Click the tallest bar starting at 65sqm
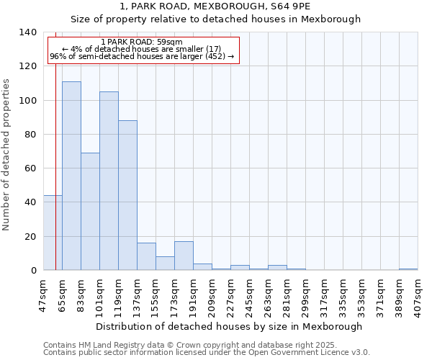click(x=71, y=176)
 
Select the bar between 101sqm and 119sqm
click(x=109, y=181)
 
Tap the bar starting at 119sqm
click(x=127, y=195)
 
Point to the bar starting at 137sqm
click(x=146, y=256)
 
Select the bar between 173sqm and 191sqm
click(x=184, y=256)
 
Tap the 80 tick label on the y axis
click(x=30, y=135)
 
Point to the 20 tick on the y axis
click(x=30, y=236)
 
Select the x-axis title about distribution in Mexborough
click(x=228, y=326)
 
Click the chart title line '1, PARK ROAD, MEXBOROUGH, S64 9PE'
click(x=230, y=6)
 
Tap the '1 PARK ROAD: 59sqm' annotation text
click(x=141, y=42)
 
